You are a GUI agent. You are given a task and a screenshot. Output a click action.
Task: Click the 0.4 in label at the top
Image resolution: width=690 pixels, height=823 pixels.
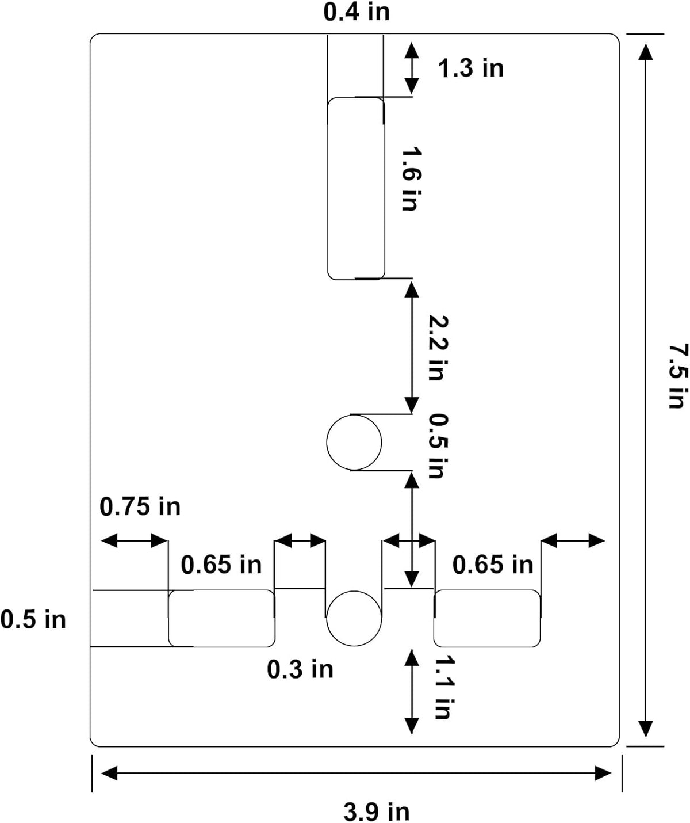(x=356, y=12)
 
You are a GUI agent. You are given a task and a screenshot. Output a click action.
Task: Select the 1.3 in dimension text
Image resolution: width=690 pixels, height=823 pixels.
(x=471, y=68)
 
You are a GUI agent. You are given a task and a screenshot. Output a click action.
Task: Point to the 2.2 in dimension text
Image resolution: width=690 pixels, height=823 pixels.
(x=438, y=348)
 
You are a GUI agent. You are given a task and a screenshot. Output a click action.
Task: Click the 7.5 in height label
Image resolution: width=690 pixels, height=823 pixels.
(x=678, y=376)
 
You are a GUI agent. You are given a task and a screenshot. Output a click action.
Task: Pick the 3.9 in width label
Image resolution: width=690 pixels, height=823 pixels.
(x=377, y=811)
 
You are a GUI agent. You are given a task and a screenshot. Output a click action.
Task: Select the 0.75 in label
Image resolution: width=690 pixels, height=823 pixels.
(x=140, y=506)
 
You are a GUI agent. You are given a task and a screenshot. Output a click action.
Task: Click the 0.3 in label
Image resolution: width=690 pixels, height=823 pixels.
(x=300, y=669)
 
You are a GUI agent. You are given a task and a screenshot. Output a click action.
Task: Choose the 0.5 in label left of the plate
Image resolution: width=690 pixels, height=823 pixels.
(x=33, y=620)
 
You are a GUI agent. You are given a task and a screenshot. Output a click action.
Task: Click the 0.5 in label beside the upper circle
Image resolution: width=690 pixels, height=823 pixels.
(x=438, y=446)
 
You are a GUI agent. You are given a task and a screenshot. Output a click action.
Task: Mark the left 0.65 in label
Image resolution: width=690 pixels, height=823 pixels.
(x=221, y=565)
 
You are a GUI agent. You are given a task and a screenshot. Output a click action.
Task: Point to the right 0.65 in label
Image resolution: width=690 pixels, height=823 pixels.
(x=493, y=565)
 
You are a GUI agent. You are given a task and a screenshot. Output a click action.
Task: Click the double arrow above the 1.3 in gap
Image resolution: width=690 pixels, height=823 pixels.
(x=412, y=68)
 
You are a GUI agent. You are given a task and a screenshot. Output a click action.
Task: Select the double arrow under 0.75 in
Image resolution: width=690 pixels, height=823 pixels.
(x=135, y=540)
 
